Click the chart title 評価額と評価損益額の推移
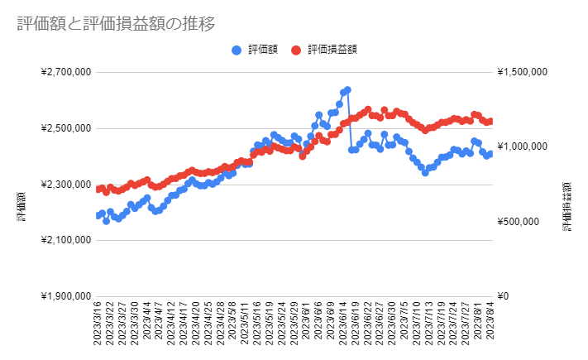pyautogui.click(x=117, y=24)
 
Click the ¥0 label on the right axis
pyautogui.click(x=505, y=296)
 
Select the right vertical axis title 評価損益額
pyautogui.click(x=569, y=205)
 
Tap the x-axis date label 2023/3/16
pyautogui.click(x=98, y=327)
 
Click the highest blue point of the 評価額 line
pyautogui.click(x=347, y=89)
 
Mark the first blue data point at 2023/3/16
pyautogui.click(x=98, y=215)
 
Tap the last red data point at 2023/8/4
pyautogui.click(x=490, y=122)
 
